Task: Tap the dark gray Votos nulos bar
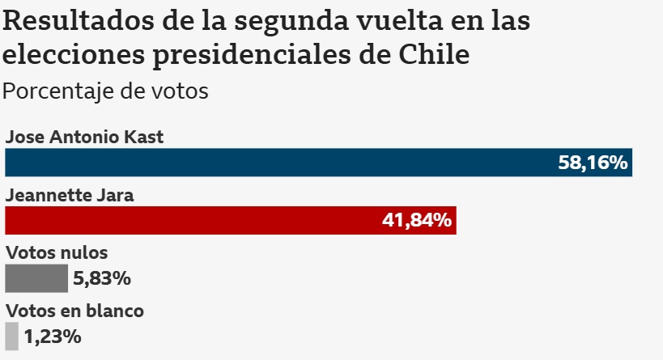(36, 278)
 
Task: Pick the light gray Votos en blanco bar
(11, 336)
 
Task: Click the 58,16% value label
(593, 163)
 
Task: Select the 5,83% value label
(102, 278)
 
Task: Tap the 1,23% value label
(53, 336)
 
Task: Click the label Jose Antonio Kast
(84, 137)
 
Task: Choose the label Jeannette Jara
(70, 195)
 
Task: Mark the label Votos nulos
(56, 252)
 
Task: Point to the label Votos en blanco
(74, 310)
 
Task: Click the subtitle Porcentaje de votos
(105, 91)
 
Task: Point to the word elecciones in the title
(63, 55)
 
